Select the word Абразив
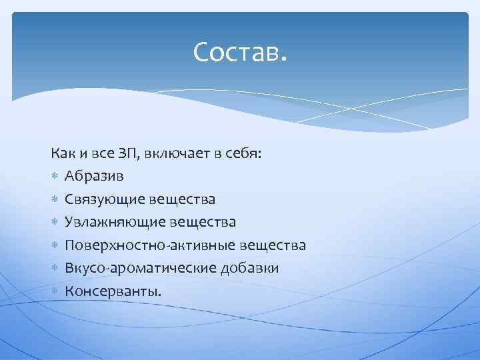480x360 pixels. (x=93, y=176)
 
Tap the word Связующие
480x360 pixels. (x=105, y=199)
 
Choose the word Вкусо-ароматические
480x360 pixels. (x=141, y=268)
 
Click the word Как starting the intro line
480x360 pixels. (x=61, y=154)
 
